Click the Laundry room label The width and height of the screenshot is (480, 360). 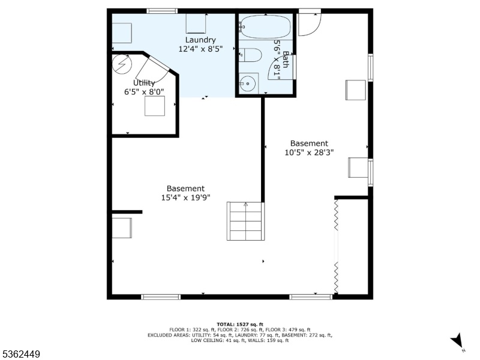(200, 40)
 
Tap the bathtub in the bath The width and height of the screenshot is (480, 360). (265, 27)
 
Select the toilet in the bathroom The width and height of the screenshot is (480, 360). (250, 55)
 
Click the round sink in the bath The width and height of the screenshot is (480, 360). (247, 83)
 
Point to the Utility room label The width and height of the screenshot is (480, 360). (144, 83)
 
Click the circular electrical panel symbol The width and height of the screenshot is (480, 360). (122, 64)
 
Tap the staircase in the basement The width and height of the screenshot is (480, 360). (245, 221)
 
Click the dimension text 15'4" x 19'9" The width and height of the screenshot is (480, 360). (186, 198)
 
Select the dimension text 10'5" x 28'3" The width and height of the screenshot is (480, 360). (309, 152)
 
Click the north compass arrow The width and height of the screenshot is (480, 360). (457, 340)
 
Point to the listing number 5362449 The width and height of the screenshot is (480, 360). (20, 354)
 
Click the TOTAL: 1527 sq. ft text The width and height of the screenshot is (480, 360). (240, 325)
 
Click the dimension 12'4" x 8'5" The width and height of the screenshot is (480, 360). (200, 49)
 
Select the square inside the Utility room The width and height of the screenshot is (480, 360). (155, 106)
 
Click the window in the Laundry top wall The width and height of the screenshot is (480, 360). (162, 11)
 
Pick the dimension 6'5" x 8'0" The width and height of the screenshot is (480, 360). (144, 92)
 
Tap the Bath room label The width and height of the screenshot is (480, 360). (286, 59)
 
